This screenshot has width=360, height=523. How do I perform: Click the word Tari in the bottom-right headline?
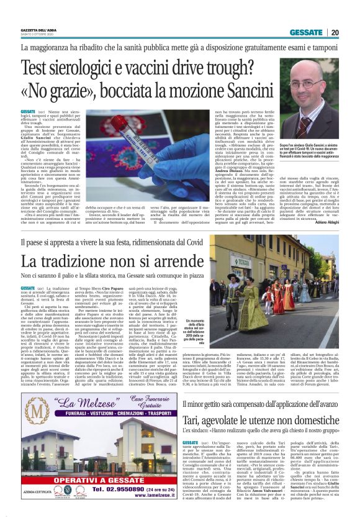pos(194,402)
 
